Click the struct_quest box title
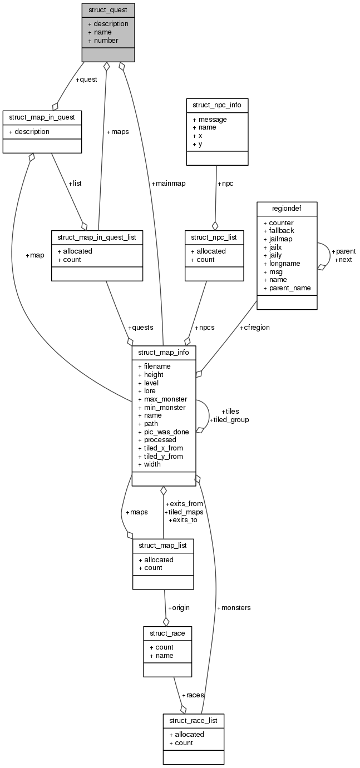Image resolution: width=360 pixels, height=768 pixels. click(108, 10)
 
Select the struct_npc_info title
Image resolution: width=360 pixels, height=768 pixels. click(217, 105)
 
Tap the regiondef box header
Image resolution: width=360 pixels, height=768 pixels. click(287, 209)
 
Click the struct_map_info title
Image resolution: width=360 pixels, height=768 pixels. click(164, 352)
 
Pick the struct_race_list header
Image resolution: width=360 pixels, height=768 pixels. click(193, 721)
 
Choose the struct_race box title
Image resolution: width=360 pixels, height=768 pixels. click(167, 633)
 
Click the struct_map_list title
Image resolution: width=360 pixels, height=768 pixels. click(163, 546)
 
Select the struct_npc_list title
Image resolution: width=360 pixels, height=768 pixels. click(214, 237)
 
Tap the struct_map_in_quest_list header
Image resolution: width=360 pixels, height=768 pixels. click(97, 237)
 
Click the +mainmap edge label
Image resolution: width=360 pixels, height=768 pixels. click(167, 183)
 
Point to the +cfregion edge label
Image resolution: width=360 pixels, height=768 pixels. click(255, 328)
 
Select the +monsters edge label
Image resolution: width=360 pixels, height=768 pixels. click(234, 607)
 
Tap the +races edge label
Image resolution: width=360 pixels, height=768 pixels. click(193, 695)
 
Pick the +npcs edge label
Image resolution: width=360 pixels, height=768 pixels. click(205, 328)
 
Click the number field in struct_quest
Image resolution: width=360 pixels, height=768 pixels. click(106, 41)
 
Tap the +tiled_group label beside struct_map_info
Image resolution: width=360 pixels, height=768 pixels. click(229, 419)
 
